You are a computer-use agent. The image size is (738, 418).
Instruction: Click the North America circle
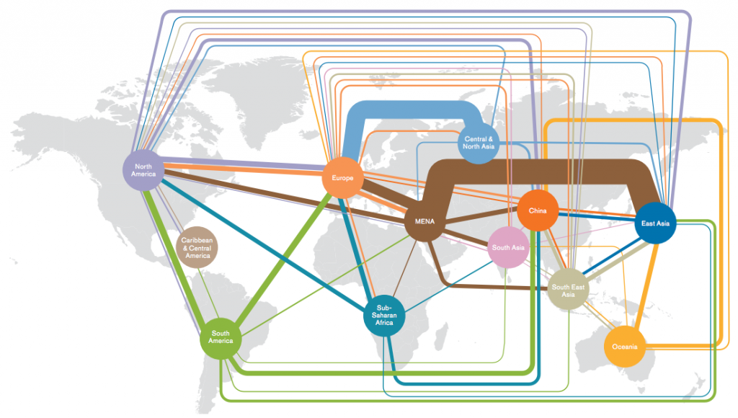(143, 170)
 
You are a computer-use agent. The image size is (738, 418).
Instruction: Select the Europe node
(342, 178)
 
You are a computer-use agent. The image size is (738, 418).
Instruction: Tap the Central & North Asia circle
(479, 143)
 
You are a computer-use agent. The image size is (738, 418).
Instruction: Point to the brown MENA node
(424, 221)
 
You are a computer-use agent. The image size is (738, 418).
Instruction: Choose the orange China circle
(538, 210)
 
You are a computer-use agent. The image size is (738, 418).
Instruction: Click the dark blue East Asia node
(655, 223)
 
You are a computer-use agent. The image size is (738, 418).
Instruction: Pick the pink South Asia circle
(508, 248)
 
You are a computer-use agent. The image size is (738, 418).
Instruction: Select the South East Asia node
(568, 290)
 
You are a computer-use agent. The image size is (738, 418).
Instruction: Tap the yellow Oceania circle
(625, 347)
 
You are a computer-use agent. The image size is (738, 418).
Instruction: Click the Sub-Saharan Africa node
(384, 316)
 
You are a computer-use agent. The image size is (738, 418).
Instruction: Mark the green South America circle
(221, 337)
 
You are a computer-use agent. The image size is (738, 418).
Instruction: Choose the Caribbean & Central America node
(197, 248)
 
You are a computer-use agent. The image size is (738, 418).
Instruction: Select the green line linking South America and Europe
(283, 259)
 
